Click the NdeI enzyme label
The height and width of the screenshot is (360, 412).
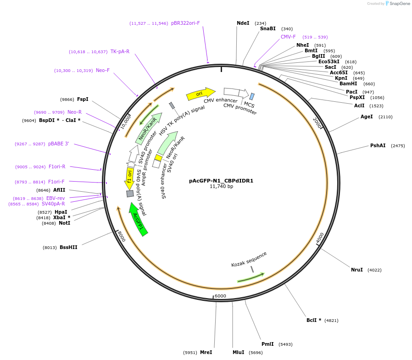coord(243,23)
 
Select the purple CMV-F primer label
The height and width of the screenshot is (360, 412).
coord(288,37)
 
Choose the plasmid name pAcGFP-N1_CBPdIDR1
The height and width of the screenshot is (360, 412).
coord(221,181)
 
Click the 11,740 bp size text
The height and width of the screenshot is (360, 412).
coord(221,187)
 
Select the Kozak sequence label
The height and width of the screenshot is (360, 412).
coord(249,259)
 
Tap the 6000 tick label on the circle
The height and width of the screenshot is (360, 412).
coord(220,296)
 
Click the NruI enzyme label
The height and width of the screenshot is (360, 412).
coord(356,270)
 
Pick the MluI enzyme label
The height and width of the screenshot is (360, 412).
coord(238,352)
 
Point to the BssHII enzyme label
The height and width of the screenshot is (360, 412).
coord(68,247)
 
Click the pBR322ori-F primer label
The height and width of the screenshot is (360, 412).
coord(185,23)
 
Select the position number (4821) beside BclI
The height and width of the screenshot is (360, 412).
coord(331,320)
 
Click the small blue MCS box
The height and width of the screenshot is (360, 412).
coord(252,96)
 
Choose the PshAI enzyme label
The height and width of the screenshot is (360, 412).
coord(378,145)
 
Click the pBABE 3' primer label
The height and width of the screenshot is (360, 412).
coord(58,144)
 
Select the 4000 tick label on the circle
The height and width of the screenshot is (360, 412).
coord(320,238)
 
